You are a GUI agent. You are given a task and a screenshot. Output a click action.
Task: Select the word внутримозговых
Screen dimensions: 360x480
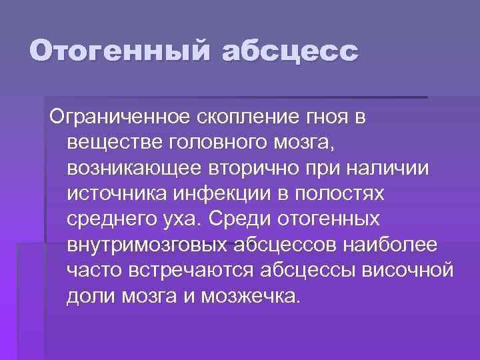point(147,244)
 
